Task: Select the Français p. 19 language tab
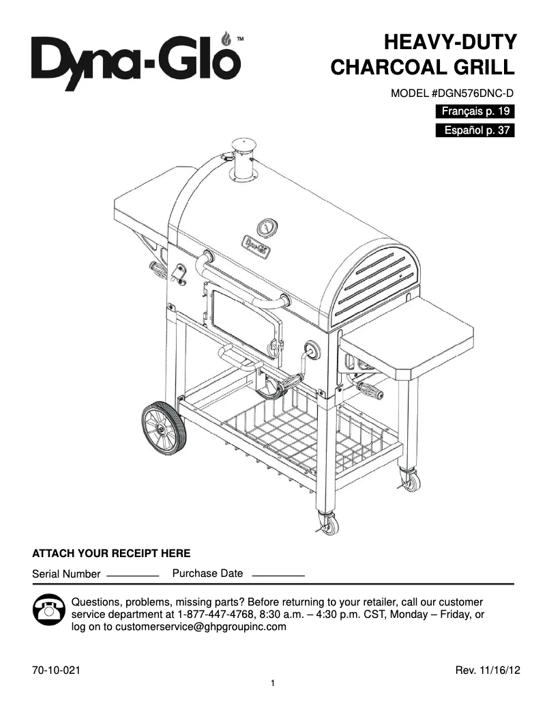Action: (475, 111)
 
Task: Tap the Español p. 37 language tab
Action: (475, 130)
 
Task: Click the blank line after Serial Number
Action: (132, 576)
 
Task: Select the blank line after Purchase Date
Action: (278, 576)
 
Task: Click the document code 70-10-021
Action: (57, 671)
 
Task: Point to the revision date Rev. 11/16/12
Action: (487, 671)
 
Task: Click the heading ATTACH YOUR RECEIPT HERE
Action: (111, 553)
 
